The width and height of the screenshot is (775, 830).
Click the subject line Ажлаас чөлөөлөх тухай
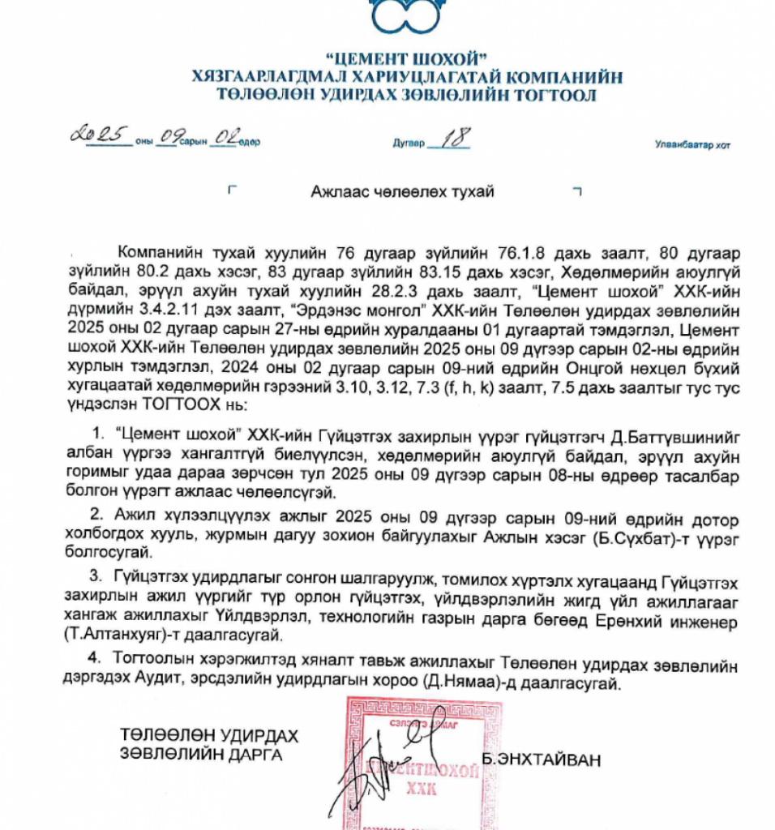(402, 192)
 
